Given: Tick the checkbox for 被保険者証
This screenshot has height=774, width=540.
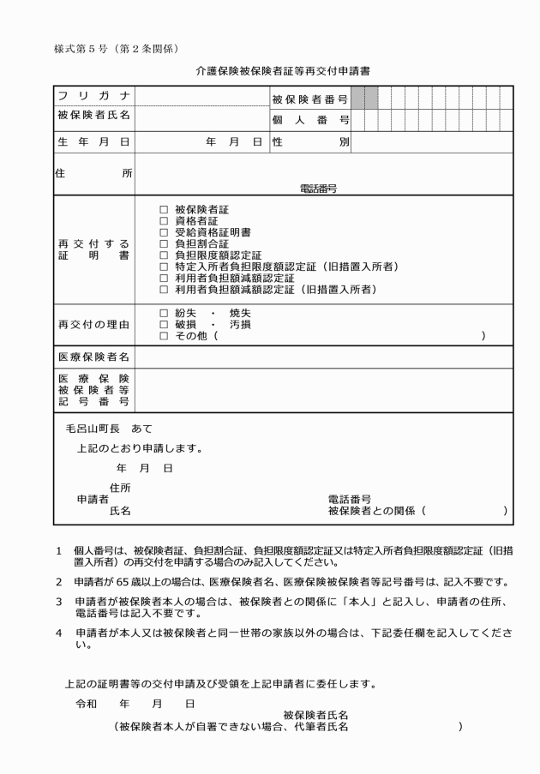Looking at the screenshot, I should coord(164,209).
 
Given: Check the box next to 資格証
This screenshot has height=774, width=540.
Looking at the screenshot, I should coord(164,220).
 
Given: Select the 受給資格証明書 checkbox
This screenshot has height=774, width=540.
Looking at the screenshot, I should coord(164,232).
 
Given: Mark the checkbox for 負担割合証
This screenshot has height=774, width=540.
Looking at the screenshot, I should coord(164,243).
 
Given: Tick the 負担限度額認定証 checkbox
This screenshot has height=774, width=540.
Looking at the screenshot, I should coord(164,255).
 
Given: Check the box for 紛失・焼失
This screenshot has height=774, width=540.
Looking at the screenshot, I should coord(164,313).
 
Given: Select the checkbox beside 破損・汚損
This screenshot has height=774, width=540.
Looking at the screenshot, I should coord(164,324).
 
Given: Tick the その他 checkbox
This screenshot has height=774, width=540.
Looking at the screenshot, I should coord(164,336).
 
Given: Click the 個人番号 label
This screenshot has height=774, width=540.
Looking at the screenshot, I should coord(309,119).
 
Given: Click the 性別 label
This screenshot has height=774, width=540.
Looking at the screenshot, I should coord(309,141).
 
